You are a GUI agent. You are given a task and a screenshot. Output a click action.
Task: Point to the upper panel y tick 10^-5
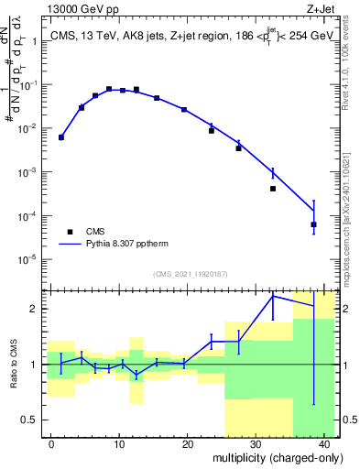click(29, 259)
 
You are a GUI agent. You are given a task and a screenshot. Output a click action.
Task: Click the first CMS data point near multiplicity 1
click(61, 137)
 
